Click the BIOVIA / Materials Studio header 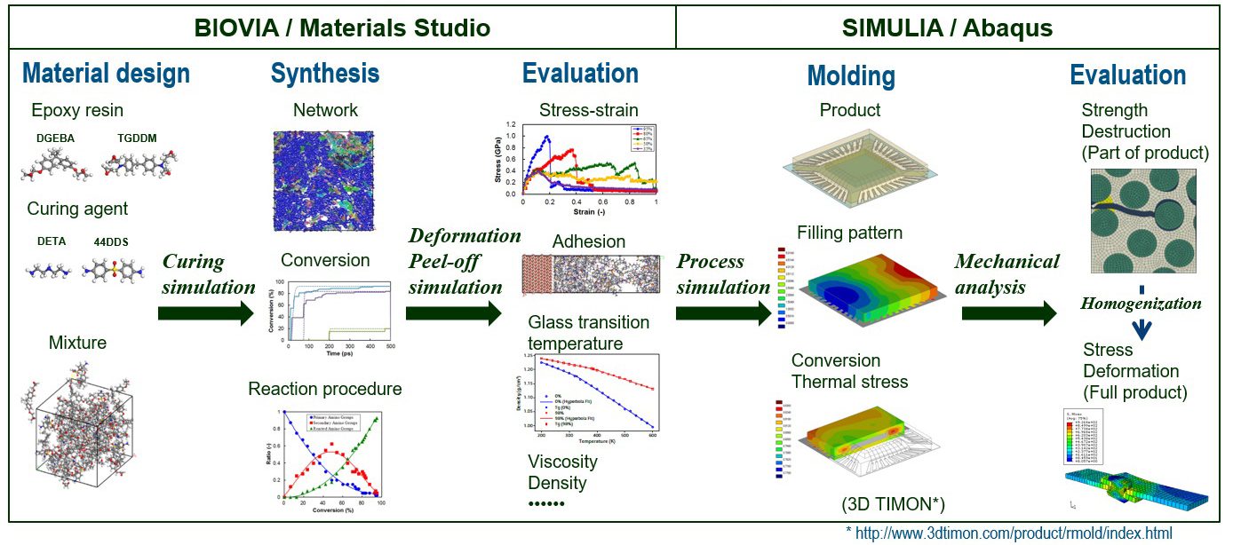tap(342, 28)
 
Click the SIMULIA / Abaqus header tap(947, 28)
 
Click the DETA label tap(52, 241)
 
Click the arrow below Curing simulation tap(205, 312)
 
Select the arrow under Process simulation tap(722, 312)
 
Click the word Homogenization tap(1141, 304)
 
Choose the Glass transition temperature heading tap(588, 332)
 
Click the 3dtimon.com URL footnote tap(1009, 533)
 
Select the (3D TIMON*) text tap(892, 504)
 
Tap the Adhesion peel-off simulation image tap(592, 274)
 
